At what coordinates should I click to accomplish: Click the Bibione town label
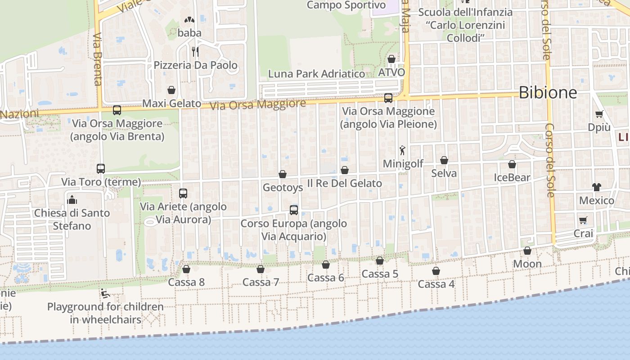[x=548, y=93]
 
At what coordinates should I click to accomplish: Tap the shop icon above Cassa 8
[x=186, y=269]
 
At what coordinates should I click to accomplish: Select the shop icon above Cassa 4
[x=436, y=271]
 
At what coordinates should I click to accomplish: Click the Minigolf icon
[x=402, y=150]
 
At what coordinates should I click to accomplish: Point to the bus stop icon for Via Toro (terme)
[x=101, y=169]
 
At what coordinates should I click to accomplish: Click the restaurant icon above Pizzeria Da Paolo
[x=195, y=51]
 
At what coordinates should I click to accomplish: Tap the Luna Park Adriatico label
[x=316, y=74]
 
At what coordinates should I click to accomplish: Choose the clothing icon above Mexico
[x=596, y=187]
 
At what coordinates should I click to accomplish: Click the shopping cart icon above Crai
[x=583, y=220]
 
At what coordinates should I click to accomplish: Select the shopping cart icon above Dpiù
[x=599, y=114]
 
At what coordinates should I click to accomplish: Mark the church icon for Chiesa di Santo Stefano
[x=72, y=199]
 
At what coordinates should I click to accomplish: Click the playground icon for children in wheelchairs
[x=105, y=293]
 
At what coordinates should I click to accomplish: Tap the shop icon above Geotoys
[x=283, y=174]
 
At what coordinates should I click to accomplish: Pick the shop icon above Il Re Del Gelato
[x=344, y=170]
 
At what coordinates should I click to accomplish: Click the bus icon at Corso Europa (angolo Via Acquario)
[x=293, y=210]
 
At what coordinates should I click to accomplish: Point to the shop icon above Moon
[x=527, y=251]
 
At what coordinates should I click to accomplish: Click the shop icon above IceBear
[x=512, y=164]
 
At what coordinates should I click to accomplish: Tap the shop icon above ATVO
[x=391, y=59]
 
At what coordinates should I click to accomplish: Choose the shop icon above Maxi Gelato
[x=171, y=90]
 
